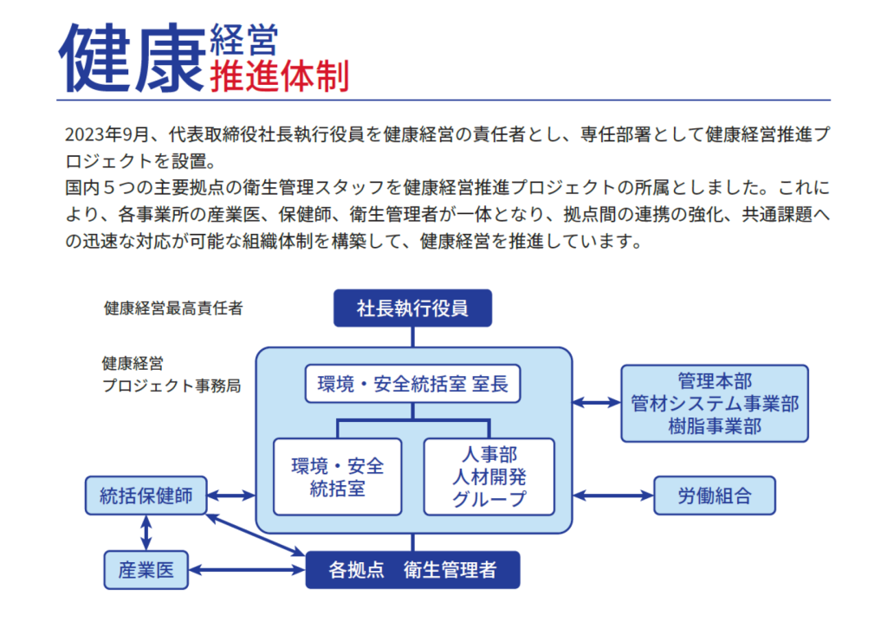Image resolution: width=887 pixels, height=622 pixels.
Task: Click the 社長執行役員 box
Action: click(x=412, y=308)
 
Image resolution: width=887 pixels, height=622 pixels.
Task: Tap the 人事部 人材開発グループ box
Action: click(x=489, y=476)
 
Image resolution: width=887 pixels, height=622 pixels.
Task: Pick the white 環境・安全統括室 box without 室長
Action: click(x=338, y=476)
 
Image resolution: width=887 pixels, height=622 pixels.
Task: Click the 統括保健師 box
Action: click(x=146, y=496)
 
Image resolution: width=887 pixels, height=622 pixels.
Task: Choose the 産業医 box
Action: click(x=146, y=569)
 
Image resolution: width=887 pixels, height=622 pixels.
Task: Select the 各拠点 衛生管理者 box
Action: click(x=412, y=570)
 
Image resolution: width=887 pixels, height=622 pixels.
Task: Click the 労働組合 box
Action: click(x=714, y=496)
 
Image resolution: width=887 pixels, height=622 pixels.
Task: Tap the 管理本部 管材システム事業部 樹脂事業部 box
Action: click(x=715, y=403)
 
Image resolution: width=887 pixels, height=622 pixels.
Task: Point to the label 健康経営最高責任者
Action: click(x=173, y=308)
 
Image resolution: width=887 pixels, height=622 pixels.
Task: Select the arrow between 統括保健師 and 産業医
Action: click(x=146, y=533)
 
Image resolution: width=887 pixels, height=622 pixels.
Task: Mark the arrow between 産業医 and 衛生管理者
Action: click(x=247, y=570)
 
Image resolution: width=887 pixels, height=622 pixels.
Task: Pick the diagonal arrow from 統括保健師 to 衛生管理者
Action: click(x=256, y=534)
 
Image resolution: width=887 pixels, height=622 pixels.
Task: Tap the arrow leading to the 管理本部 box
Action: click(x=597, y=403)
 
